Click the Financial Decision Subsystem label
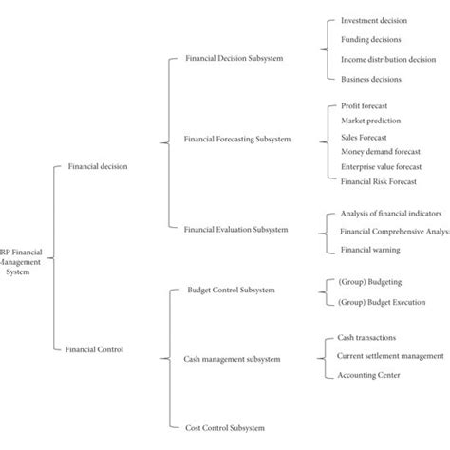click(x=234, y=59)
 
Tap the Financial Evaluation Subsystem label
click(x=236, y=229)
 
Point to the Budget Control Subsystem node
click(x=232, y=289)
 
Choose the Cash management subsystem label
click(x=232, y=360)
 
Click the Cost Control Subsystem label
click(x=224, y=429)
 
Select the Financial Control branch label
click(x=95, y=349)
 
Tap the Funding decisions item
click(x=371, y=40)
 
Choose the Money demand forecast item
click(x=380, y=151)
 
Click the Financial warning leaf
click(x=369, y=250)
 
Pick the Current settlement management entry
click(x=389, y=356)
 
